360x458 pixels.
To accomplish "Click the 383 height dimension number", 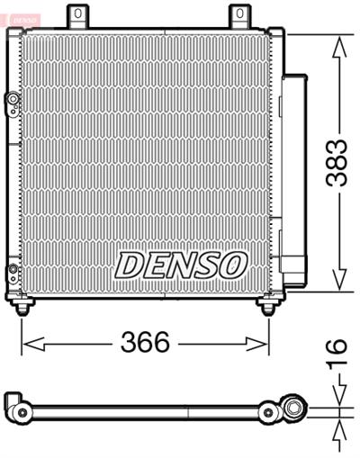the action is point(337,163).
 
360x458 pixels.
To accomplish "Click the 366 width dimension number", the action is point(145,342).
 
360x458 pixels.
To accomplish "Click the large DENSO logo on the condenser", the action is point(181,265).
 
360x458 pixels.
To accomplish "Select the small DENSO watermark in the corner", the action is point(21,20).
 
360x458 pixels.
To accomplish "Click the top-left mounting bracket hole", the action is point(77,13).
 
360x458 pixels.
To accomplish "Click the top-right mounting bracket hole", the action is point(239,13).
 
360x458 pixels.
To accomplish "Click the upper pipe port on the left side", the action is point(13,99).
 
